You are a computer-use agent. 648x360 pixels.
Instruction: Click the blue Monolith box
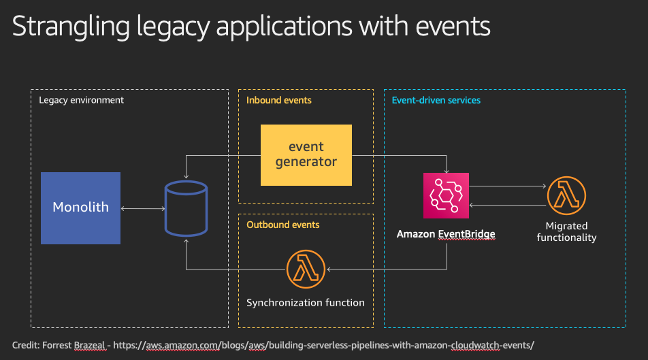coord(80,208)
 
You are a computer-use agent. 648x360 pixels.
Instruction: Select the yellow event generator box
coord(306,155)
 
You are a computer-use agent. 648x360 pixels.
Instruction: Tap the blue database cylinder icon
coord(186,208)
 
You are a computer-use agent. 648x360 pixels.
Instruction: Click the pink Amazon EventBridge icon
coord(446,195)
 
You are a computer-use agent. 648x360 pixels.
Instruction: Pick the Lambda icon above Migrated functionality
coord(566,195)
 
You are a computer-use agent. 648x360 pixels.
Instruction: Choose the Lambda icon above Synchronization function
coord(306,269)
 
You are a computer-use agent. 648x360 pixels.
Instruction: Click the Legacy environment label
coord(81,100)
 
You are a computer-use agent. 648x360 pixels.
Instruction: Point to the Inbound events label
coord(279,100)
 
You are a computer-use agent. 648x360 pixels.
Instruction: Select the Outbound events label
coord(283,225)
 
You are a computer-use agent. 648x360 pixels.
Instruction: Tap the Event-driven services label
coord(436,100)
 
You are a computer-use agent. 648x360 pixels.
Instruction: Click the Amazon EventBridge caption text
coord(446,234)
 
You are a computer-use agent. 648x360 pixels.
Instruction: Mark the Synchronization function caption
coord(306,303)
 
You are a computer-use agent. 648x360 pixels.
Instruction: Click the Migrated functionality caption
coord(566,231)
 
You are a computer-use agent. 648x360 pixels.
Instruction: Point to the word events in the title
coord(453,27)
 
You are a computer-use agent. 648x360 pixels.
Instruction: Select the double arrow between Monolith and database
coord(142,209)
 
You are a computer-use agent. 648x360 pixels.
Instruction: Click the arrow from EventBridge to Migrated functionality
coord(508,186)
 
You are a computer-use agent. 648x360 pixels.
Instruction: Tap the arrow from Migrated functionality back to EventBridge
coord(508,205)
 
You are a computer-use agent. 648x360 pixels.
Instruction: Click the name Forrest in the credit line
coord(57,345)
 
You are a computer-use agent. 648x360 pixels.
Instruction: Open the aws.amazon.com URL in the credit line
coord(323,345)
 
